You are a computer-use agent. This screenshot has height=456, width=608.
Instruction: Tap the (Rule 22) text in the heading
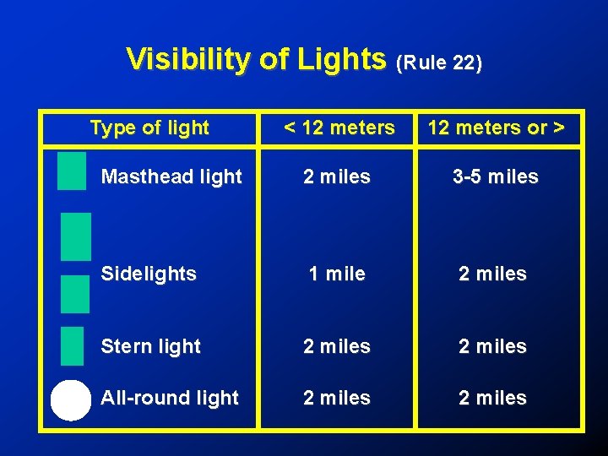439,63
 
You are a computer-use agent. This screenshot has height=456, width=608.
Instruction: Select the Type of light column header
149,128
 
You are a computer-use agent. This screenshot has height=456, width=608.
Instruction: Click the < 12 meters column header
339,128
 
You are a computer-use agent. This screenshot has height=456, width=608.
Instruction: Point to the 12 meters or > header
496,128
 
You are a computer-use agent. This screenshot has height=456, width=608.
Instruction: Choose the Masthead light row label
171,177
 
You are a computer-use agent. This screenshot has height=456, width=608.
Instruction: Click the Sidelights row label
149,274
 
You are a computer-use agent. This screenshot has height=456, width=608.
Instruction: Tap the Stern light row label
150,346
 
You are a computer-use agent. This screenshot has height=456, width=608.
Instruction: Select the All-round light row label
170,398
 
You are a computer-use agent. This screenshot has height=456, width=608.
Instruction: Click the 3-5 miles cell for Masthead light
495,177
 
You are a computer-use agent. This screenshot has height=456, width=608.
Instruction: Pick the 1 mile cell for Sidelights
337,274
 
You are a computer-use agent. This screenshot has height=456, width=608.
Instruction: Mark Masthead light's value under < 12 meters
337,177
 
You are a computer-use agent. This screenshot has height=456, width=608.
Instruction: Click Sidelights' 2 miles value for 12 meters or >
492,274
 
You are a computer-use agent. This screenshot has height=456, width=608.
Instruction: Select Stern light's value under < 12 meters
337,346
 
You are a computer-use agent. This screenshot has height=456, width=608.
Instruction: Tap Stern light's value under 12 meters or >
492,346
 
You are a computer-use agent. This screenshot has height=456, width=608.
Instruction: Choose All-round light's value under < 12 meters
337,398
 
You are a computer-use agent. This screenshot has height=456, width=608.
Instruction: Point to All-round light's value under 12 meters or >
492,398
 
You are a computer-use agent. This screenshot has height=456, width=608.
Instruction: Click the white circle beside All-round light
70,400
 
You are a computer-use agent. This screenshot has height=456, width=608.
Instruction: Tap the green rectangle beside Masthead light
72,171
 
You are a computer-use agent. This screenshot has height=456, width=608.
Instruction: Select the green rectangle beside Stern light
73,345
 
